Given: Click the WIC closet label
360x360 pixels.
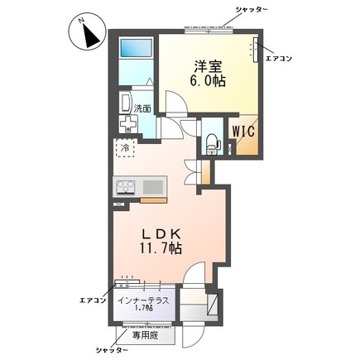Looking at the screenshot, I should [242, 131].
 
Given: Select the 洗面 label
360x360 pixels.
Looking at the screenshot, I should [142, 108].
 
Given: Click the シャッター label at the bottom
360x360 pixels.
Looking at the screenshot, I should [115, 351].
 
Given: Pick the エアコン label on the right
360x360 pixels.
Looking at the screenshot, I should [276, 57].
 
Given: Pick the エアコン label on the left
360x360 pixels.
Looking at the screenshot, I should [91, 299].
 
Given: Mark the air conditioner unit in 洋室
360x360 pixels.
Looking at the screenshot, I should [256, 50].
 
